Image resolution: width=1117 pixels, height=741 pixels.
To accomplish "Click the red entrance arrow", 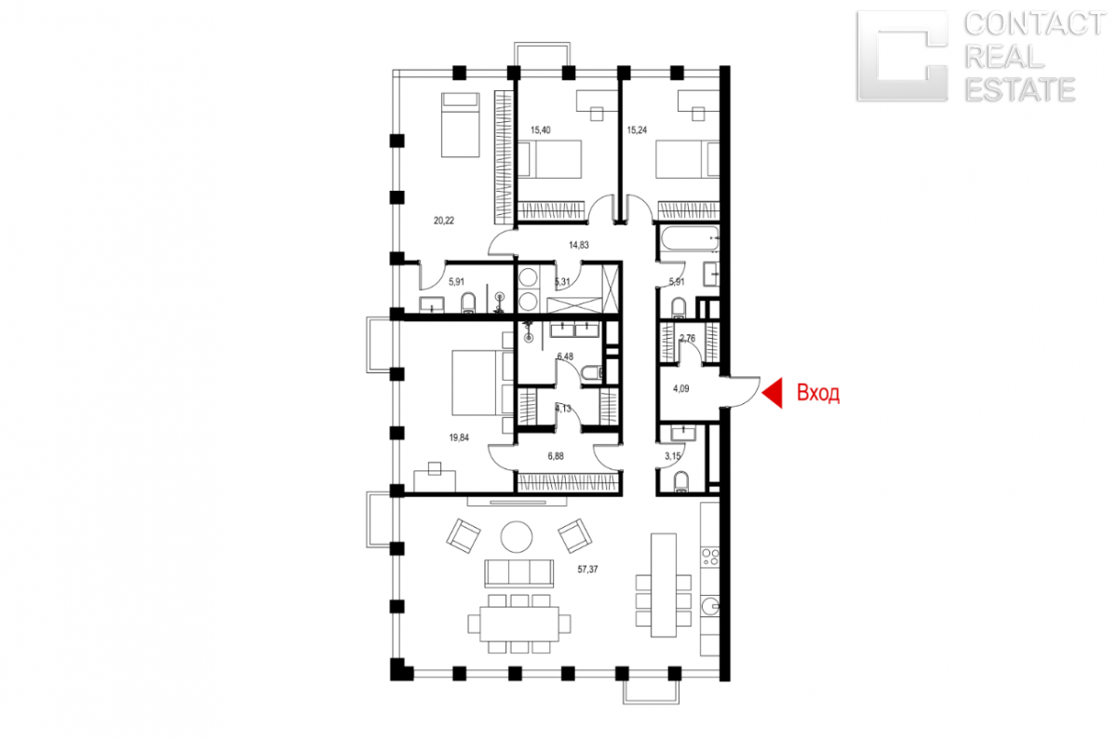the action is (773, 393).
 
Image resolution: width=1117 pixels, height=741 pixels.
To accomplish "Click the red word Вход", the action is (818, 393).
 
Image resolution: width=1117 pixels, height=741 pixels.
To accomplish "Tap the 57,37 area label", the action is (587, 569).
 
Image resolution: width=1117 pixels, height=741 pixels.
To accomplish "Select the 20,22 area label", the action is (444, 221).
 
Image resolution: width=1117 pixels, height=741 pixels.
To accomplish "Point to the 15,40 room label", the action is (541, 130).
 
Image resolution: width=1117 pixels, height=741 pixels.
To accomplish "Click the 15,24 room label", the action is (637, 130).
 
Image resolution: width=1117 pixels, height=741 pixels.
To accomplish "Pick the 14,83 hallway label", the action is (578, 245).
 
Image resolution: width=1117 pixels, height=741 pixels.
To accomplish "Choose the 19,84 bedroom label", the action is (459, 438).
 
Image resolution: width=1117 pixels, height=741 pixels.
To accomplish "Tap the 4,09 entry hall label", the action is (680, 388).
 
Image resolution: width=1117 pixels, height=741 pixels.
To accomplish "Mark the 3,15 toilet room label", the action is (672, 456).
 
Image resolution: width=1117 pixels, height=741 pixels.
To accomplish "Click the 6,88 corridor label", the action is (556, 456).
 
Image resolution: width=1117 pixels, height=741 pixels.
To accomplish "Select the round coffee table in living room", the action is (516, 536).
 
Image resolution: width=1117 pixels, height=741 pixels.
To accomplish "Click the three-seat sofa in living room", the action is (518, 573).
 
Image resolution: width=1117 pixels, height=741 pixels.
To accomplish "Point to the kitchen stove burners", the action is (709, 557).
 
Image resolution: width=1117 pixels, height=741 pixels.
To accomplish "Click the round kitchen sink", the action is (710, 607).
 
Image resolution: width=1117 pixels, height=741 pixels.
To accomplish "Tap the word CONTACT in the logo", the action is (1035, 24).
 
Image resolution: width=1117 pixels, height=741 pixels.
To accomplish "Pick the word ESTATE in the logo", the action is (1020, 89).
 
